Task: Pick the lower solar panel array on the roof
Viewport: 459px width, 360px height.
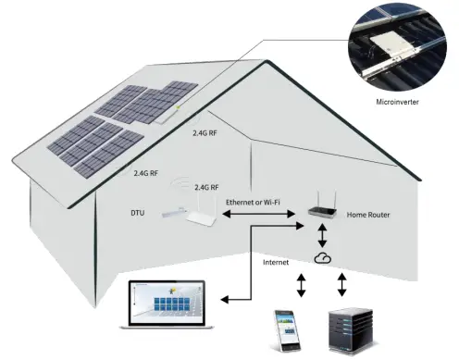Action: [96, 148]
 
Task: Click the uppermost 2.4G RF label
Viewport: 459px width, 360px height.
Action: [205, 133]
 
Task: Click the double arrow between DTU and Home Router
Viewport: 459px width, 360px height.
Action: [262, 214]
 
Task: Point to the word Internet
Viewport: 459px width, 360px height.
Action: [276, 262]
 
